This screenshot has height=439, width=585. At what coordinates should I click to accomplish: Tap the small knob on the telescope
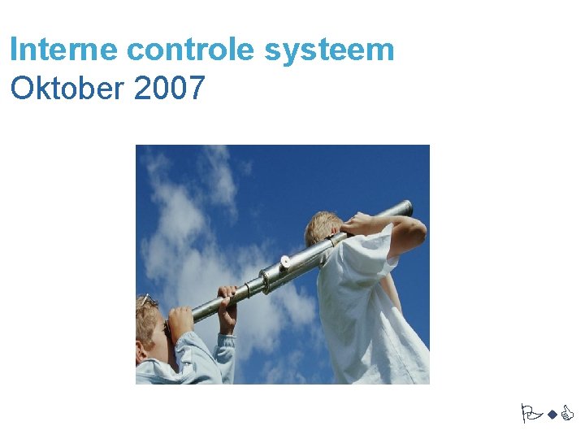pyautogui.click(x=285, y=262)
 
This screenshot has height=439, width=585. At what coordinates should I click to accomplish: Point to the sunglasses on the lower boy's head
pyautogui.click(x=145, y=301)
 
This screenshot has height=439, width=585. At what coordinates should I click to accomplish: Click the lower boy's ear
pyautogui.click(x=146, y=351)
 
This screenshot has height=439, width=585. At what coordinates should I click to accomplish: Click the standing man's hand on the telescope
pyautogui.click(x=357, y=224)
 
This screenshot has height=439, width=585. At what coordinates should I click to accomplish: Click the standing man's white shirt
pyautogui.click(x=366, y=317)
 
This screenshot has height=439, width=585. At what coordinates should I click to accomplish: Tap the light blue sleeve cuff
pyautogui.click(x=226, y=341)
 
